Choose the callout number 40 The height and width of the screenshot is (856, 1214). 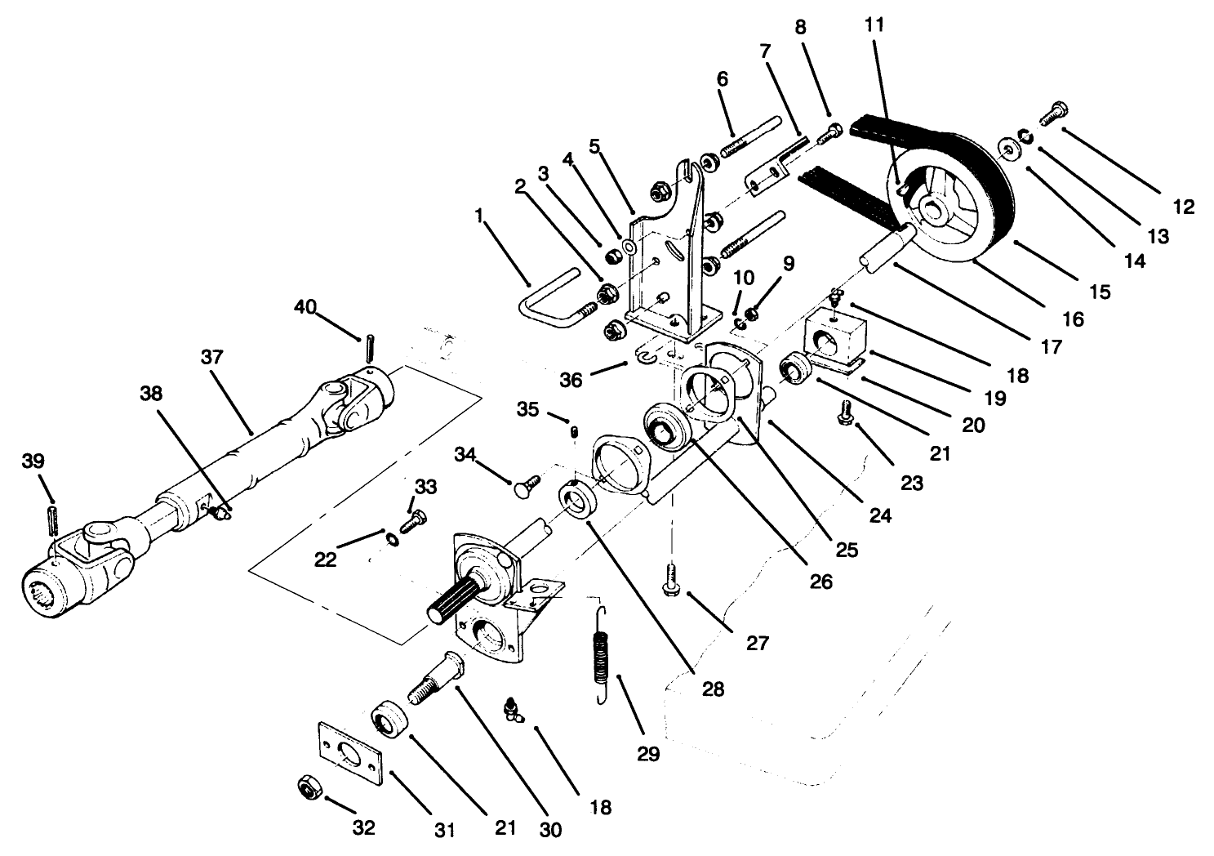(x=305, y=306)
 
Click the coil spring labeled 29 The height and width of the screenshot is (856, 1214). (x=603, y=653)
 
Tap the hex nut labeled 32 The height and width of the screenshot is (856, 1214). (x=309, y=787)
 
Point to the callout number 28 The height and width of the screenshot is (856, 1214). (x=713, y=689)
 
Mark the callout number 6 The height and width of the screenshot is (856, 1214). (x=722, y=79)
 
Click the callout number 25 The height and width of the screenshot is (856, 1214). (x=847, y=550)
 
